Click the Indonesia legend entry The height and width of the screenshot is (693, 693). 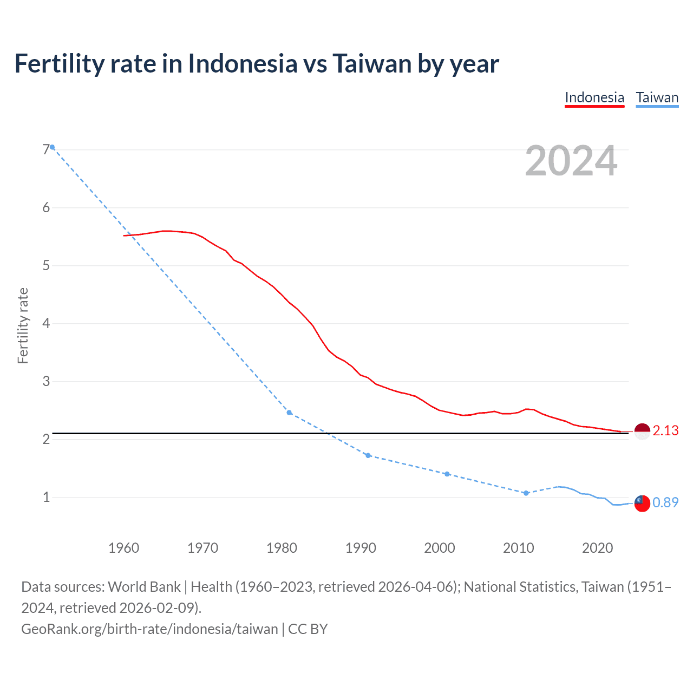(594, 98)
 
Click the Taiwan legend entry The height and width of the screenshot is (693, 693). (657, 98)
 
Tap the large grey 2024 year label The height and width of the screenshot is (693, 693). (571, 161)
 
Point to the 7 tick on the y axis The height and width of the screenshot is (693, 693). (46, 149)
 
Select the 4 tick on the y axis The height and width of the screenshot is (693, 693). (46, 323)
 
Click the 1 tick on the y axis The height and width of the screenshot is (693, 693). (46, 497)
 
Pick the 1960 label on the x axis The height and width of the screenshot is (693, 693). (123, 548)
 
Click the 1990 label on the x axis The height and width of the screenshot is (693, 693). (361, 548)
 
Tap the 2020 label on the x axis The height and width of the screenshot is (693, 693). (597, 548)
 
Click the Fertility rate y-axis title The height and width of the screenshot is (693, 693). (23, 325)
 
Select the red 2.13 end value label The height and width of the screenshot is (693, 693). (665, 431)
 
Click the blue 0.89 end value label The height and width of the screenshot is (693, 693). (665, 503)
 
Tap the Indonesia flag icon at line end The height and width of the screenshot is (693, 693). (642, 432)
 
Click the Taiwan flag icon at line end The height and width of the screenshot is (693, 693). (642, 503)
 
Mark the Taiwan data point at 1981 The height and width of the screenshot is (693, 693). (289, 413)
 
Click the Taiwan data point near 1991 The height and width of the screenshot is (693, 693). (368, 455)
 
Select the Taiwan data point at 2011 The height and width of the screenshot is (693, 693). (526, 493)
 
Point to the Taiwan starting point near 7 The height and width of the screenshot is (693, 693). (52, 147)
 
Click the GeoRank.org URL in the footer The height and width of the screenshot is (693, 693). (149, 629)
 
